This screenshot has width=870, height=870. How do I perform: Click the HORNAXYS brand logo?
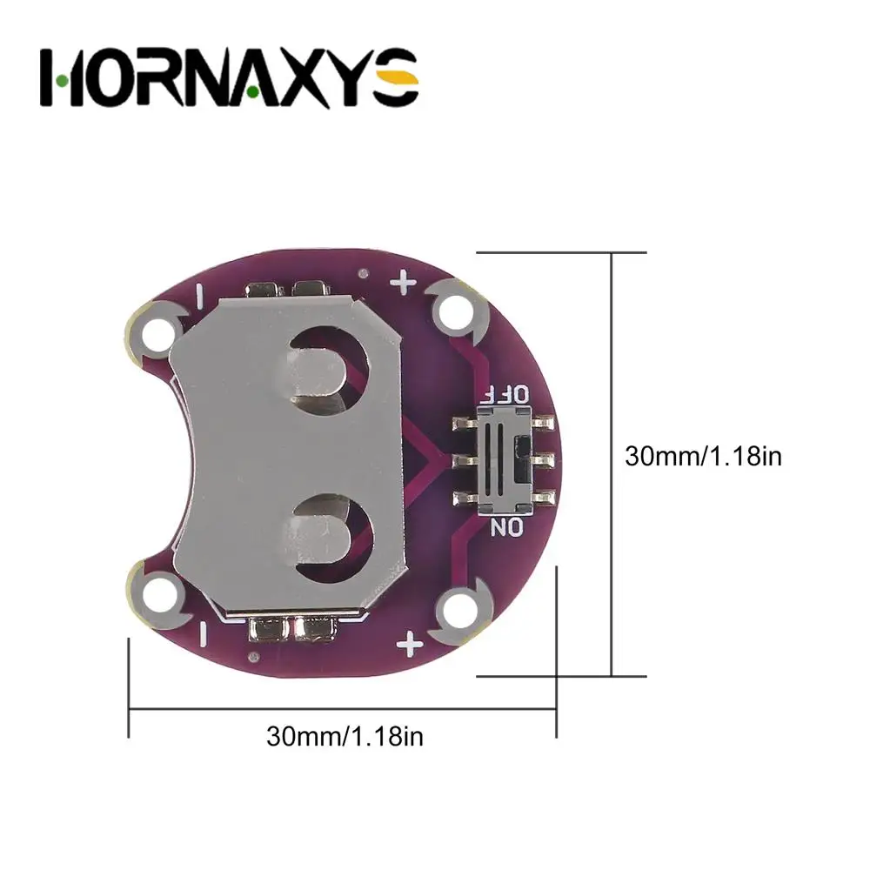(229, 77)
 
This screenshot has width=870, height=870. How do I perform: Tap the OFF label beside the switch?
(505, 394)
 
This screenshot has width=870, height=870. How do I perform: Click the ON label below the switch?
(506, 526)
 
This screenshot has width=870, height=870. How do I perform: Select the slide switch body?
(505, 460)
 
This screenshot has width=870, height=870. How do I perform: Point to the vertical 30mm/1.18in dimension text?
(703, 456)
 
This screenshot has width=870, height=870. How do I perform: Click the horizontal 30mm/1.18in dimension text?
(345, 736)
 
